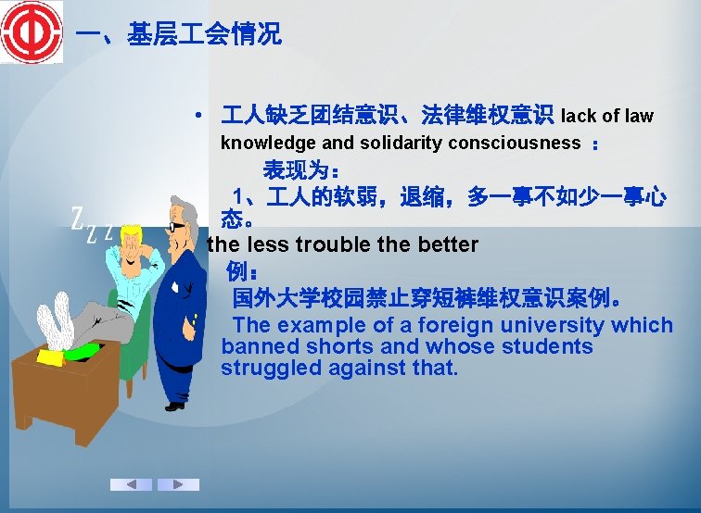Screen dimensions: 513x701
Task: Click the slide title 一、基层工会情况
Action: [x=178, y=35]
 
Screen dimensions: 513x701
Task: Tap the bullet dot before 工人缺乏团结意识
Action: [x=199, y=117]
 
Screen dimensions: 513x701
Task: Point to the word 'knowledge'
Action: [x=268, y=144]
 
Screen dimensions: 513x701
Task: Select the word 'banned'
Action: [x=257, y=346]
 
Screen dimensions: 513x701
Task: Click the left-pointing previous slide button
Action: [x=132, y=484]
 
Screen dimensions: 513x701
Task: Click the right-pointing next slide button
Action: [x=178, y=484]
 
